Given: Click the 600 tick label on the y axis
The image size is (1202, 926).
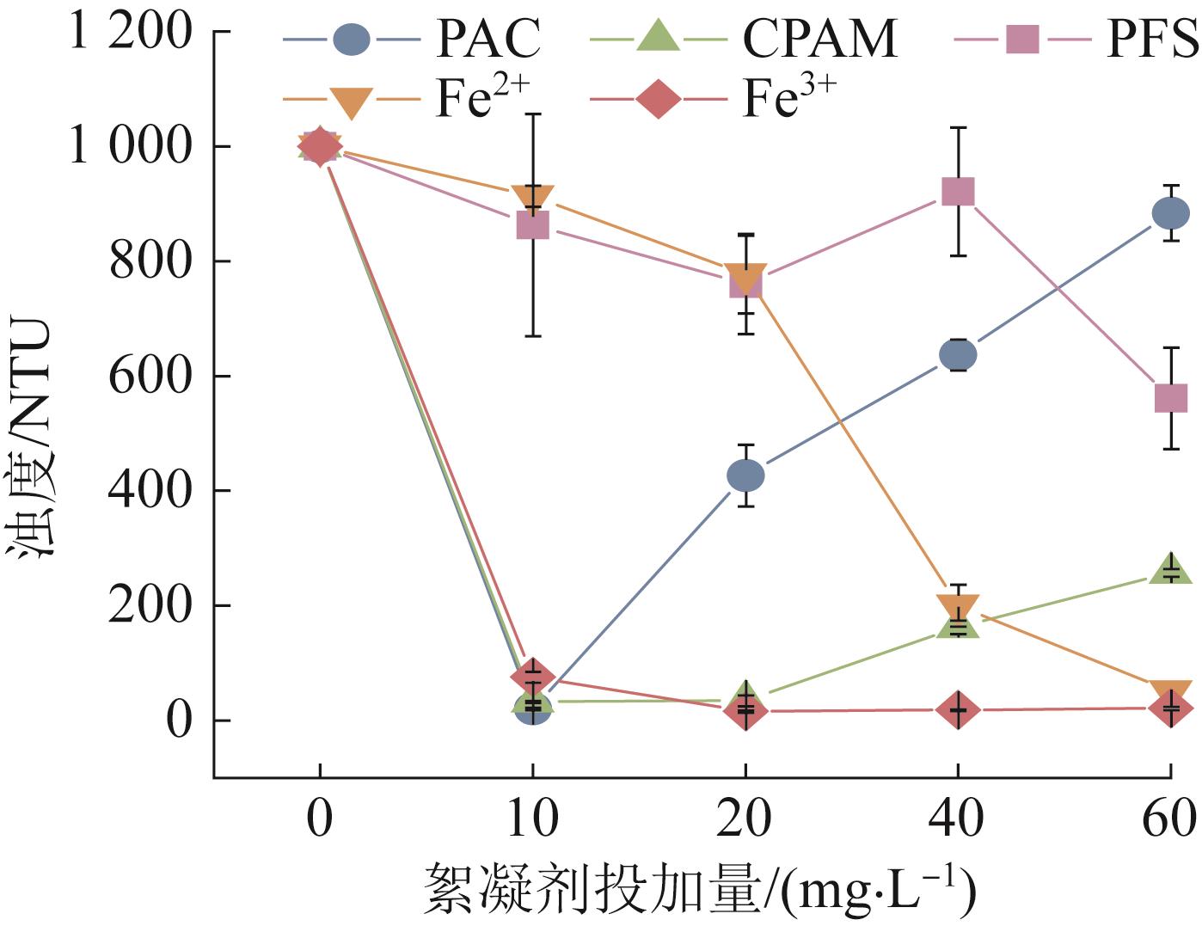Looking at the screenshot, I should click(150, 377).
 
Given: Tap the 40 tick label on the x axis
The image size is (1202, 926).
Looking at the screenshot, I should click(957, 819).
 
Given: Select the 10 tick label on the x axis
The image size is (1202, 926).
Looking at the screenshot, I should click(532, 819).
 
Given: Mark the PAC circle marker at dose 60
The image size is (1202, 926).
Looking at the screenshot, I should click(1170, 213).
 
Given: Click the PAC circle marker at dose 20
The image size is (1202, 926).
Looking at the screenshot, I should click(745, 475).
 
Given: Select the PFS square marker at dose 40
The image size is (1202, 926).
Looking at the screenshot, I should click(958, 191).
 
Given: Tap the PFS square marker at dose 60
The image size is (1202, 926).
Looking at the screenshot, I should click(1170, 397).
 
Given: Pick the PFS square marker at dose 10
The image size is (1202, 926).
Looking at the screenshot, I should click(532, 226).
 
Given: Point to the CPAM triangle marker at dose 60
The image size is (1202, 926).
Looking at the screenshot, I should click(1170, 569).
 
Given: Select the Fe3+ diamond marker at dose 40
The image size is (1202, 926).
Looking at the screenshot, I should click(958, 710).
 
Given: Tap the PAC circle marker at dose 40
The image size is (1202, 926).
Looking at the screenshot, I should click(958, 354).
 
